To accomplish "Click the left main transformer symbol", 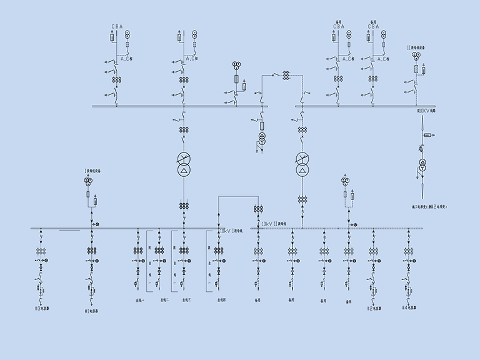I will tap(184, 164).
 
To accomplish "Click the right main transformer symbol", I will tap(302, 164).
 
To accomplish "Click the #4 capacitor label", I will tap(409, 308).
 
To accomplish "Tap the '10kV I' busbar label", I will tap(230, 231).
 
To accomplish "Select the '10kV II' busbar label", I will tap(273, 223).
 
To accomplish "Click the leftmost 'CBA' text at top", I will tap(117, 26).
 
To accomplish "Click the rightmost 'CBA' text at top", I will tap(373, 26).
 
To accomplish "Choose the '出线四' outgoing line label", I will tap(221, 299).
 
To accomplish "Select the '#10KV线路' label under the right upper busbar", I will tap(426, 110).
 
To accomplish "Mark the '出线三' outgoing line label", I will tap(186, 299).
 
